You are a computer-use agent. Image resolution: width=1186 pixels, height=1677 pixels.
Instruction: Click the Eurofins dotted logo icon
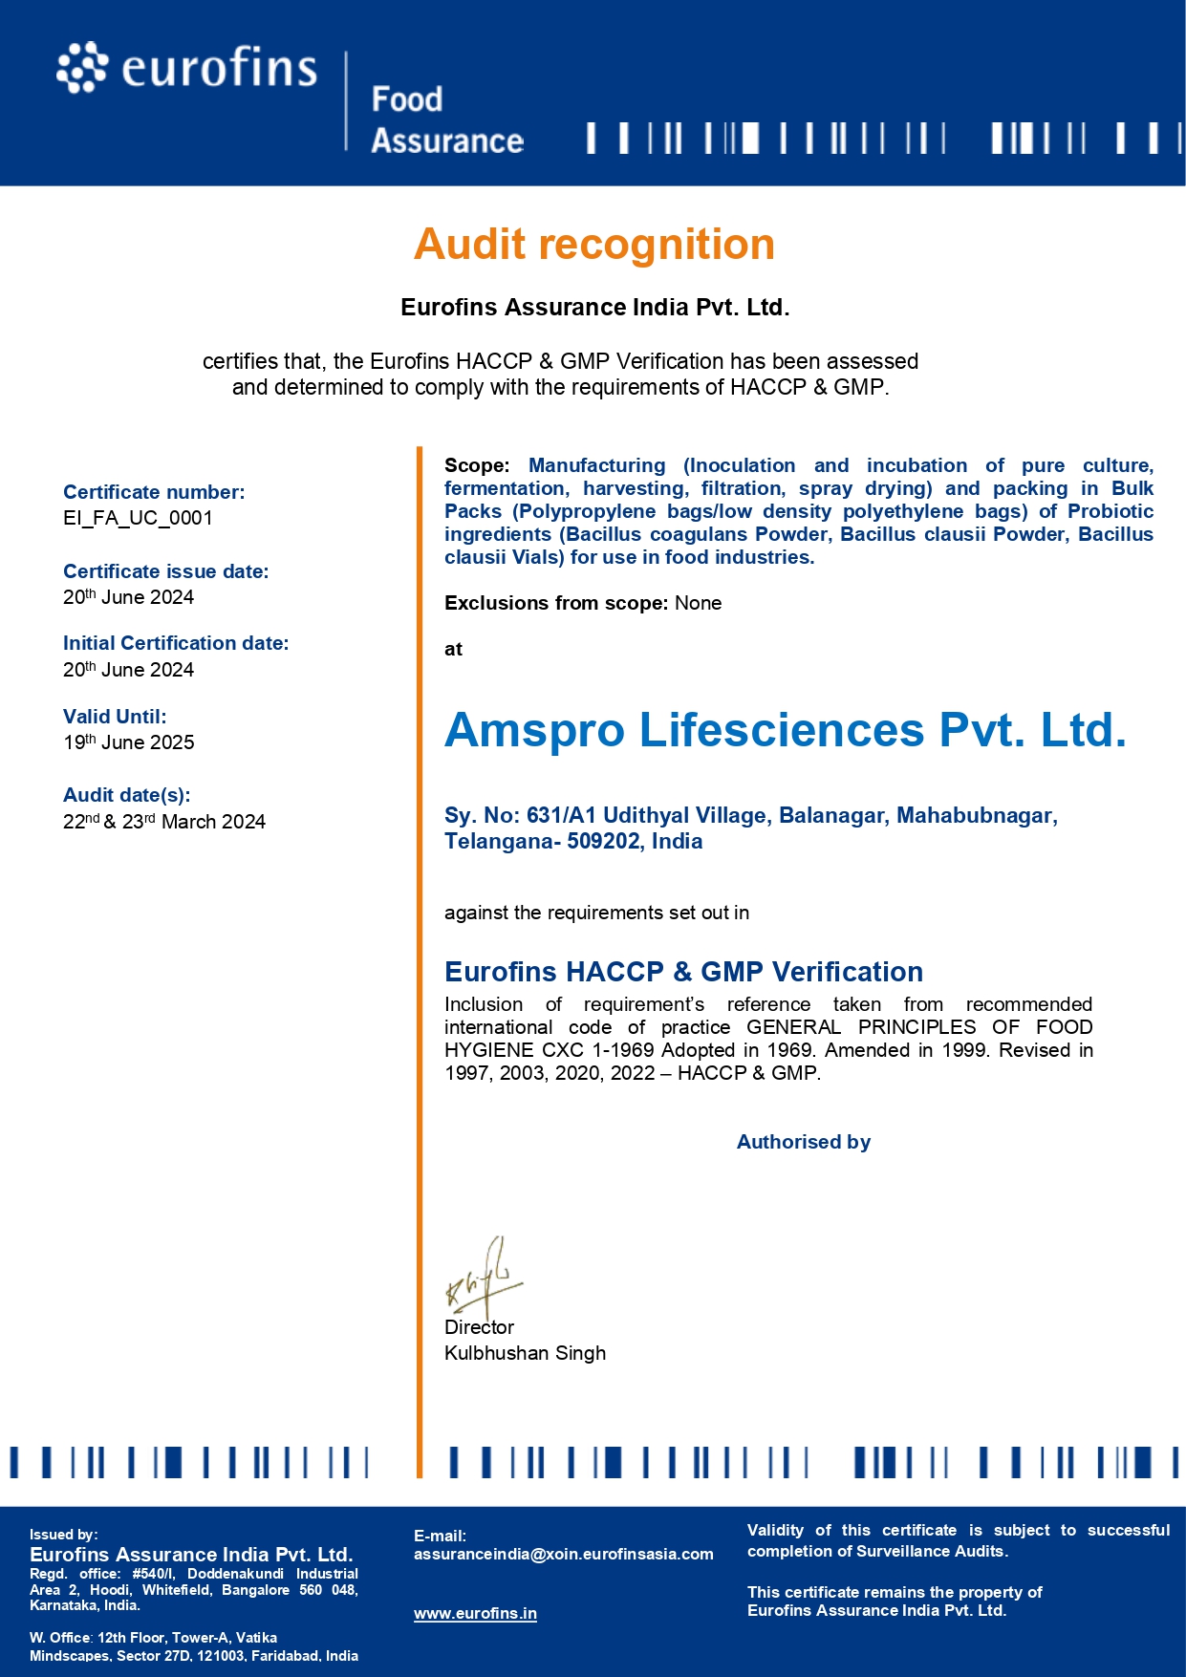81,68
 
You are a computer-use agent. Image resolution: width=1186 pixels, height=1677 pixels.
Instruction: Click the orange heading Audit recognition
593,244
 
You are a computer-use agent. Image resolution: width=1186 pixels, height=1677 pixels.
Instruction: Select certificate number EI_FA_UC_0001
138,518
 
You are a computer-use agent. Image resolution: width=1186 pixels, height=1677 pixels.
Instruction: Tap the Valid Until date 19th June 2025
128,742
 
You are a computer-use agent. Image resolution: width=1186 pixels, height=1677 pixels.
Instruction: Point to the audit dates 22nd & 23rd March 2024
163,822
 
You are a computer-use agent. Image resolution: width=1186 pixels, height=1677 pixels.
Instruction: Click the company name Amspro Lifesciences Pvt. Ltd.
785,730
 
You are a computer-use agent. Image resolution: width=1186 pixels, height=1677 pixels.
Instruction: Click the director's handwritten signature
483,1277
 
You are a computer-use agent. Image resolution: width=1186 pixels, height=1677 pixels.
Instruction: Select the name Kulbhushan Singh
525,1353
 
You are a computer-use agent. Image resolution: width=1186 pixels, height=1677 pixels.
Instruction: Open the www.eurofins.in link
475,1614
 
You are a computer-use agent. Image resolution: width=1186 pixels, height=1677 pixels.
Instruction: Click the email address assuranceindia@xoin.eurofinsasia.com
563,1554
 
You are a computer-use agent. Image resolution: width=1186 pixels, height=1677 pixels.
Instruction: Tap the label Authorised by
803,1142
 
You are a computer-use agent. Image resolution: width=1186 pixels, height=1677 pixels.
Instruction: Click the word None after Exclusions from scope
698,603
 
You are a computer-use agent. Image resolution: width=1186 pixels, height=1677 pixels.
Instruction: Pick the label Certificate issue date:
165,571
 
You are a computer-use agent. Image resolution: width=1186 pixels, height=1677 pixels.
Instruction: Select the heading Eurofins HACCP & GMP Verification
683,972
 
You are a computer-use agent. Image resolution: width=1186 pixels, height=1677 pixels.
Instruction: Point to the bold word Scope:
477,465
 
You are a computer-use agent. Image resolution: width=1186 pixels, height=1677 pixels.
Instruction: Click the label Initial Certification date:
176,643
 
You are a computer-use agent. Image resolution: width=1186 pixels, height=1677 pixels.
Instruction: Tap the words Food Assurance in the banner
446,119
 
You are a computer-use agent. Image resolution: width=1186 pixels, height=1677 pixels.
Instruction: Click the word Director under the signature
479,1327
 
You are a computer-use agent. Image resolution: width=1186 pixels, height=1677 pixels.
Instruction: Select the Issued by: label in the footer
63,1535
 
